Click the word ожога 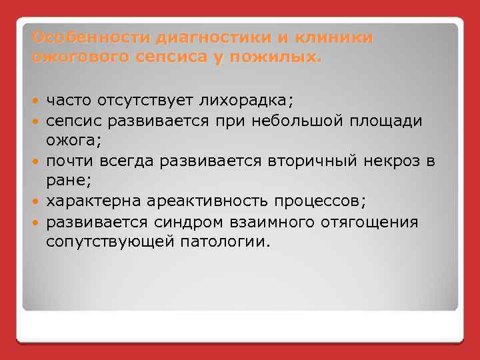click(65, 140)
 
